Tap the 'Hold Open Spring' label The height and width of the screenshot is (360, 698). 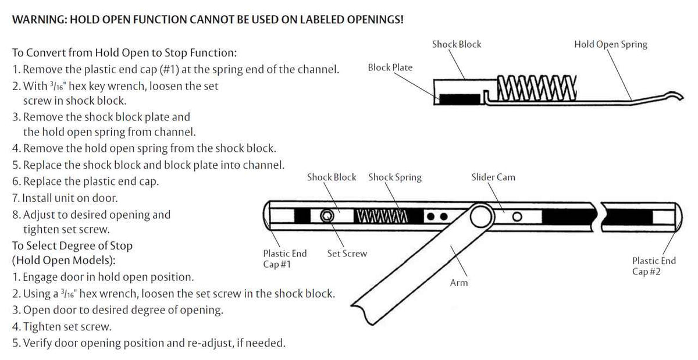[610, 44]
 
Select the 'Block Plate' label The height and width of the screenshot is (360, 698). [390, 67]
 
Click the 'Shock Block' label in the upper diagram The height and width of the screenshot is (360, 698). [457, 44]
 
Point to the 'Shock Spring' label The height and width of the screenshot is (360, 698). [394, 177]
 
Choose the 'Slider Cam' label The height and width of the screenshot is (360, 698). [493, 177]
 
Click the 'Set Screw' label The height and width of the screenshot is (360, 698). [347, 254]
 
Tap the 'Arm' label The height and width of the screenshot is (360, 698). [459, 283]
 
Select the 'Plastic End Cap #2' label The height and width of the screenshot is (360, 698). [654, 266]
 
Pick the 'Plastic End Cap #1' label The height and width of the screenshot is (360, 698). [284, 259]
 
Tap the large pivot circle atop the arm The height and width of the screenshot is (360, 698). [480, 216]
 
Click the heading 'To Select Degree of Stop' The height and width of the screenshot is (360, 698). [72, 245]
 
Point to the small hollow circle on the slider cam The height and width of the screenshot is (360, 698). [515, 218]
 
